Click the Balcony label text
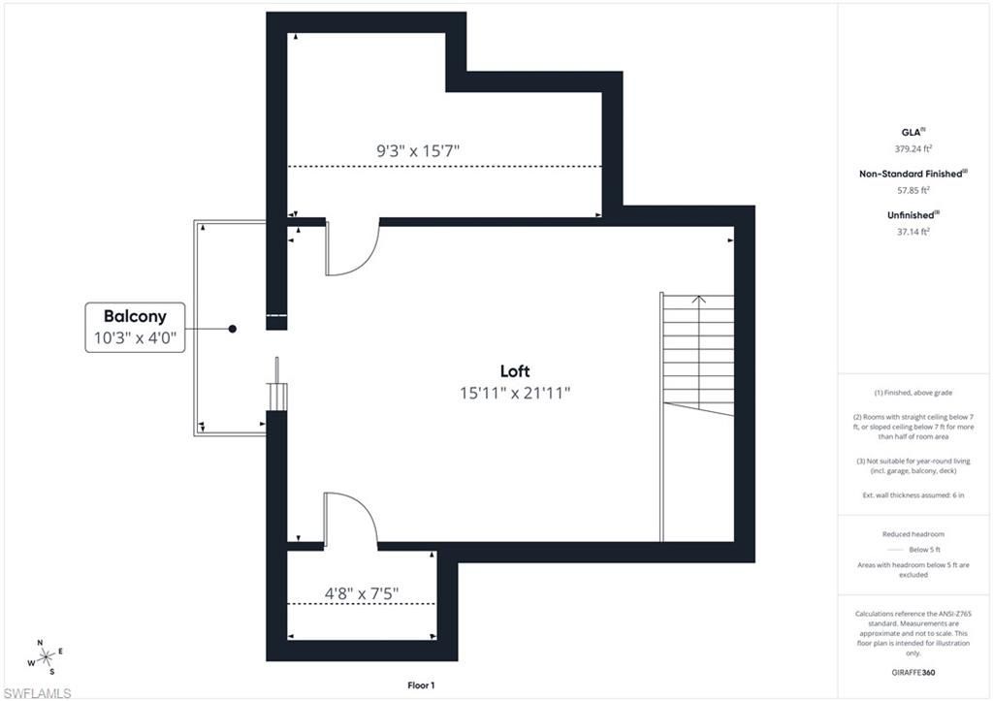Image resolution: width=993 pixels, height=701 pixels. pos(135,316)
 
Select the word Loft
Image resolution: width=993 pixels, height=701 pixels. pos(515,371)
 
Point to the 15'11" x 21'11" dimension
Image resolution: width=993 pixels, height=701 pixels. pos(515,393)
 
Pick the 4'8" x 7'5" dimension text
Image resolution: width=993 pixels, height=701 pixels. pos(361,592)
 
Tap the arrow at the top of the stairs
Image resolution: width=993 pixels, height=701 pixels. pos(698,301)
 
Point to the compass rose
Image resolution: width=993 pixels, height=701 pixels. pos(44,656)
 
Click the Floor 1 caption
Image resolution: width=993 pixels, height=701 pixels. pos(421,685)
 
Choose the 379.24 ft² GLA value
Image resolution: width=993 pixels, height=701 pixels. pos(913,149)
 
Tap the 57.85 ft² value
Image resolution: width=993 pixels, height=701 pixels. pos(913,191)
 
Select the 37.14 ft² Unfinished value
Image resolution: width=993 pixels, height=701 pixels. pos(913,232)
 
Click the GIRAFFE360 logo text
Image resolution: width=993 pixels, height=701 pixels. pos(913,672)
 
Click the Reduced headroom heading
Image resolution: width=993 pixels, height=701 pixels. pos(913,534)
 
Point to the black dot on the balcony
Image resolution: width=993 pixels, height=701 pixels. pos(233,329)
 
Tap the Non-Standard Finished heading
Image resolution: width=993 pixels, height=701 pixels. pos(913,174)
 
